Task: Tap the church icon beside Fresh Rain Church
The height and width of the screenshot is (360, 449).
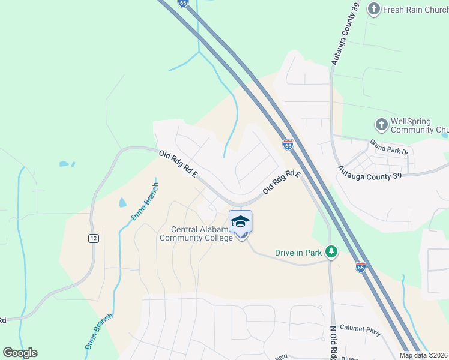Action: [x=374, y=9]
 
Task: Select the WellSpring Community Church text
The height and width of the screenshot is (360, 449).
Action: [x=418, y=125]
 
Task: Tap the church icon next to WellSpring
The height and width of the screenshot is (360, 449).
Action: [x=381, y=125]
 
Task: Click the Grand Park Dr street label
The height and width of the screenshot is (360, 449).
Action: [x=389, y=148]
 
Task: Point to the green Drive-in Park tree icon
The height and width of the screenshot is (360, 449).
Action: [x=330, y=251]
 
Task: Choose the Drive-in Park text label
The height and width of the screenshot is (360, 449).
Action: [x=298, y=253]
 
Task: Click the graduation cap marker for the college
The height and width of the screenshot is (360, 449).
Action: [x=240, y=221]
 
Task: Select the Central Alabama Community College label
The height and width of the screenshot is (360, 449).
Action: [x=196, y=233]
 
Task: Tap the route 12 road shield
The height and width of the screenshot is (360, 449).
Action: [x=93, y=238]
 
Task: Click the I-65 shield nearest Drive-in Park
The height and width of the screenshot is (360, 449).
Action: [x=360, y=265]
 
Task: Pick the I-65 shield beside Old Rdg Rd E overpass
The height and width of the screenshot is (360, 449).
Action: [x=288, y=145]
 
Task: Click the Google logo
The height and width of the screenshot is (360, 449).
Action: [x=20, y=353]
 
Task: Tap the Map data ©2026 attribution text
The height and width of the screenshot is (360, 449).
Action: [x=423, y=355]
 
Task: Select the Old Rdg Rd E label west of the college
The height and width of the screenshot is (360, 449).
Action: [x=178, y=164]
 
